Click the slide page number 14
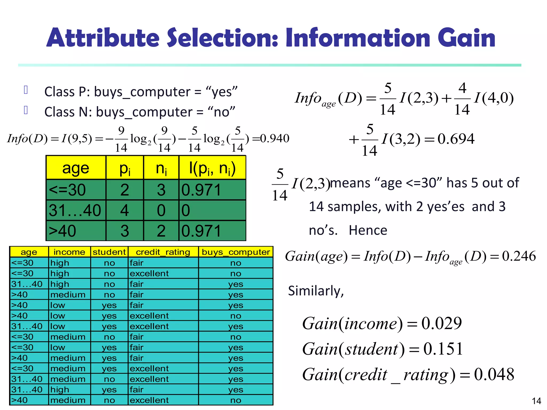(x=536, y=401)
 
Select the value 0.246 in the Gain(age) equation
(x=519, y=256)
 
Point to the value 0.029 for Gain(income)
(x=441, y=323)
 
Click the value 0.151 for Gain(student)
(x=443, y=349)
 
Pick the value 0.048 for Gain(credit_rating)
(x=494, y=374)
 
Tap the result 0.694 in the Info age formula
(x=456, y=139)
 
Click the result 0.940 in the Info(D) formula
(x=275, y=139)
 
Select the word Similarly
(x=316, y=291)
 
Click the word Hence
(x=368, y=230)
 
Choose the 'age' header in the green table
(x=76, y=168)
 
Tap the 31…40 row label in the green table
(x=75, y=210)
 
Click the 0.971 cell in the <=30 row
(x=201, y=190)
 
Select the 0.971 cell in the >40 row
(x=201, y=231)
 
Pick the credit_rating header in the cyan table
(x=163, y=252)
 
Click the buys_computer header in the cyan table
(x=236, y=252)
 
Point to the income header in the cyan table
(x=69, y=252)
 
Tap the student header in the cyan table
(x=109, y=252)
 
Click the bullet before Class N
(x=26, y=110)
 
